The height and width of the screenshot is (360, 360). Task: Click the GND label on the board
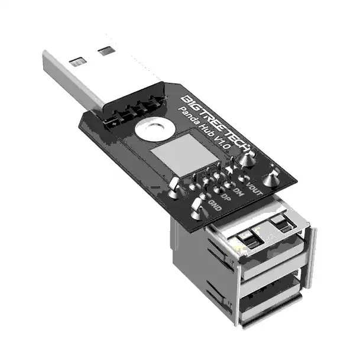215,206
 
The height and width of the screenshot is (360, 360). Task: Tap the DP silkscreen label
226,198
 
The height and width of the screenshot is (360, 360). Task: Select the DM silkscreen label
238,192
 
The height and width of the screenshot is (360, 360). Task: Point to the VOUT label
254,189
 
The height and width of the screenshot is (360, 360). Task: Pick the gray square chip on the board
184,155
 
